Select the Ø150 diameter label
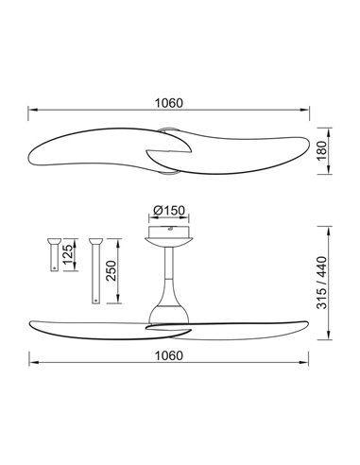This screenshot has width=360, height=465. [167, 210]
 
